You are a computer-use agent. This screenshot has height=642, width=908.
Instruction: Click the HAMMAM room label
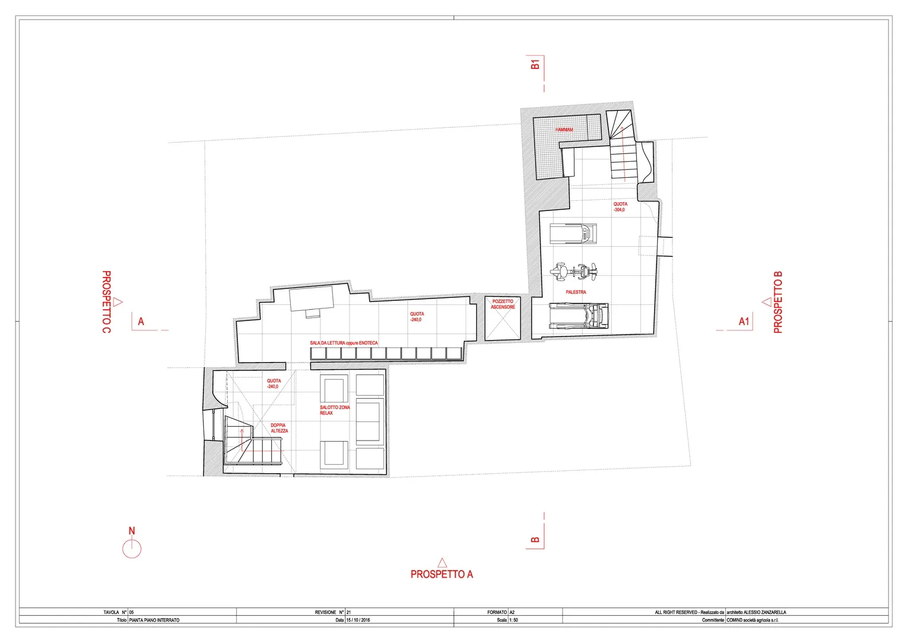pos(564,130)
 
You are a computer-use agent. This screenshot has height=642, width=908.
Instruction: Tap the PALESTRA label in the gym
pos(576,292)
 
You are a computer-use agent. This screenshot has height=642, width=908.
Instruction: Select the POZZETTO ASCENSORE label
pos(503,304)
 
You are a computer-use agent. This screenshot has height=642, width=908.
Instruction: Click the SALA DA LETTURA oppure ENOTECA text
pos(344,343)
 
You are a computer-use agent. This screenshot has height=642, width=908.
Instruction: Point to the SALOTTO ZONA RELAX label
pos(335,410)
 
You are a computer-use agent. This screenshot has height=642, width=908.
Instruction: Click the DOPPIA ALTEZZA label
pos(279,428)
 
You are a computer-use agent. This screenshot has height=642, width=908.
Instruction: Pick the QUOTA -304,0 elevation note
pos(620,207)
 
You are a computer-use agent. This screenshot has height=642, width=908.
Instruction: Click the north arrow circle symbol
pos(132,549)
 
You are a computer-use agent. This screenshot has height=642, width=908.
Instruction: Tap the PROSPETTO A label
pos(442,574)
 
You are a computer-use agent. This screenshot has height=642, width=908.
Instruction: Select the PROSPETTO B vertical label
pos(778,303)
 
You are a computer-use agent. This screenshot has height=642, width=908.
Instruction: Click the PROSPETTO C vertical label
pos(106,302)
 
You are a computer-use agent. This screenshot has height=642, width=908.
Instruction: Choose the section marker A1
pos(744,322)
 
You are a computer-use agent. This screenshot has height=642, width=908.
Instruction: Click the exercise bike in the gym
pos(574,271)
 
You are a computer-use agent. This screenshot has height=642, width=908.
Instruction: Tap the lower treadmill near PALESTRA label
pos(579,316)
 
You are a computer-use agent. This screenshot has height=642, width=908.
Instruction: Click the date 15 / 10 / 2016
pos(359,620)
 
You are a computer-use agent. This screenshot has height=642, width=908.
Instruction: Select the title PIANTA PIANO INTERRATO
pos(155,620)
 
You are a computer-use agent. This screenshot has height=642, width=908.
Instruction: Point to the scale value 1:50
pos(514,620)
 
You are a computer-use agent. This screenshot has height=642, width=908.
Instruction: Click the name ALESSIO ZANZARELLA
pos(765,612)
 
